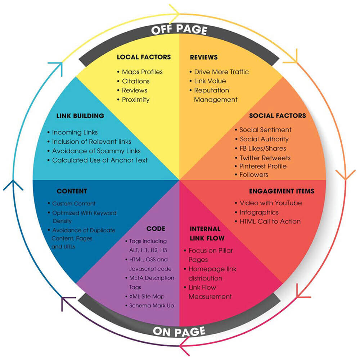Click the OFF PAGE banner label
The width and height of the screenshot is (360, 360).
[x=179, y=29]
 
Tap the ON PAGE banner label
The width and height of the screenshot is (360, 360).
[x=179, y=332]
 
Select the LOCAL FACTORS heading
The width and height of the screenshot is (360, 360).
[x=144, y=57]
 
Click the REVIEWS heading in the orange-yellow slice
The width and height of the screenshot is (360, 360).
[x=204, y=57]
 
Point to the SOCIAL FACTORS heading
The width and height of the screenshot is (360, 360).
[x=278, y=115]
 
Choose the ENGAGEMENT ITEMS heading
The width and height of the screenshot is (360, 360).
[x=282, y=191]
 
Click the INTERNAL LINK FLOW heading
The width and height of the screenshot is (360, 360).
[x=207, y=233]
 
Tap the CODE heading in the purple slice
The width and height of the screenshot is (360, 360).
[x=156, y=229]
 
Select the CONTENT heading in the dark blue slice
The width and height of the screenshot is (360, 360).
[x=72, y=191]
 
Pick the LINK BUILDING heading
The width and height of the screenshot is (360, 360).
[x=80, y=116]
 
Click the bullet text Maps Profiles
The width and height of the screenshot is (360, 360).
[x=142, y=72]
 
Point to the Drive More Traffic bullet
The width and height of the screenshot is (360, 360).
[x=221, y=72]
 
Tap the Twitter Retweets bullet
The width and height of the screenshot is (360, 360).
[x=265, y=158]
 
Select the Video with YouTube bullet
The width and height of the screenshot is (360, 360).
[x=271, y=203]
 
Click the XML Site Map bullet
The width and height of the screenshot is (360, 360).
[x=147, y=296]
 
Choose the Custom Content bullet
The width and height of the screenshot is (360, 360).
[x=74, y=204]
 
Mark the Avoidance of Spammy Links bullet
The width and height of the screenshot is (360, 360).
[x=96, y=151]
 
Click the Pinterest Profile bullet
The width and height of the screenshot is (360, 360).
[x=263, y=166]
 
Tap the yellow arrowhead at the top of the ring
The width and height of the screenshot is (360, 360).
[x=175, y=11]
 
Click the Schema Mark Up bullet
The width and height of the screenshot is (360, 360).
[x=152, y=306]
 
